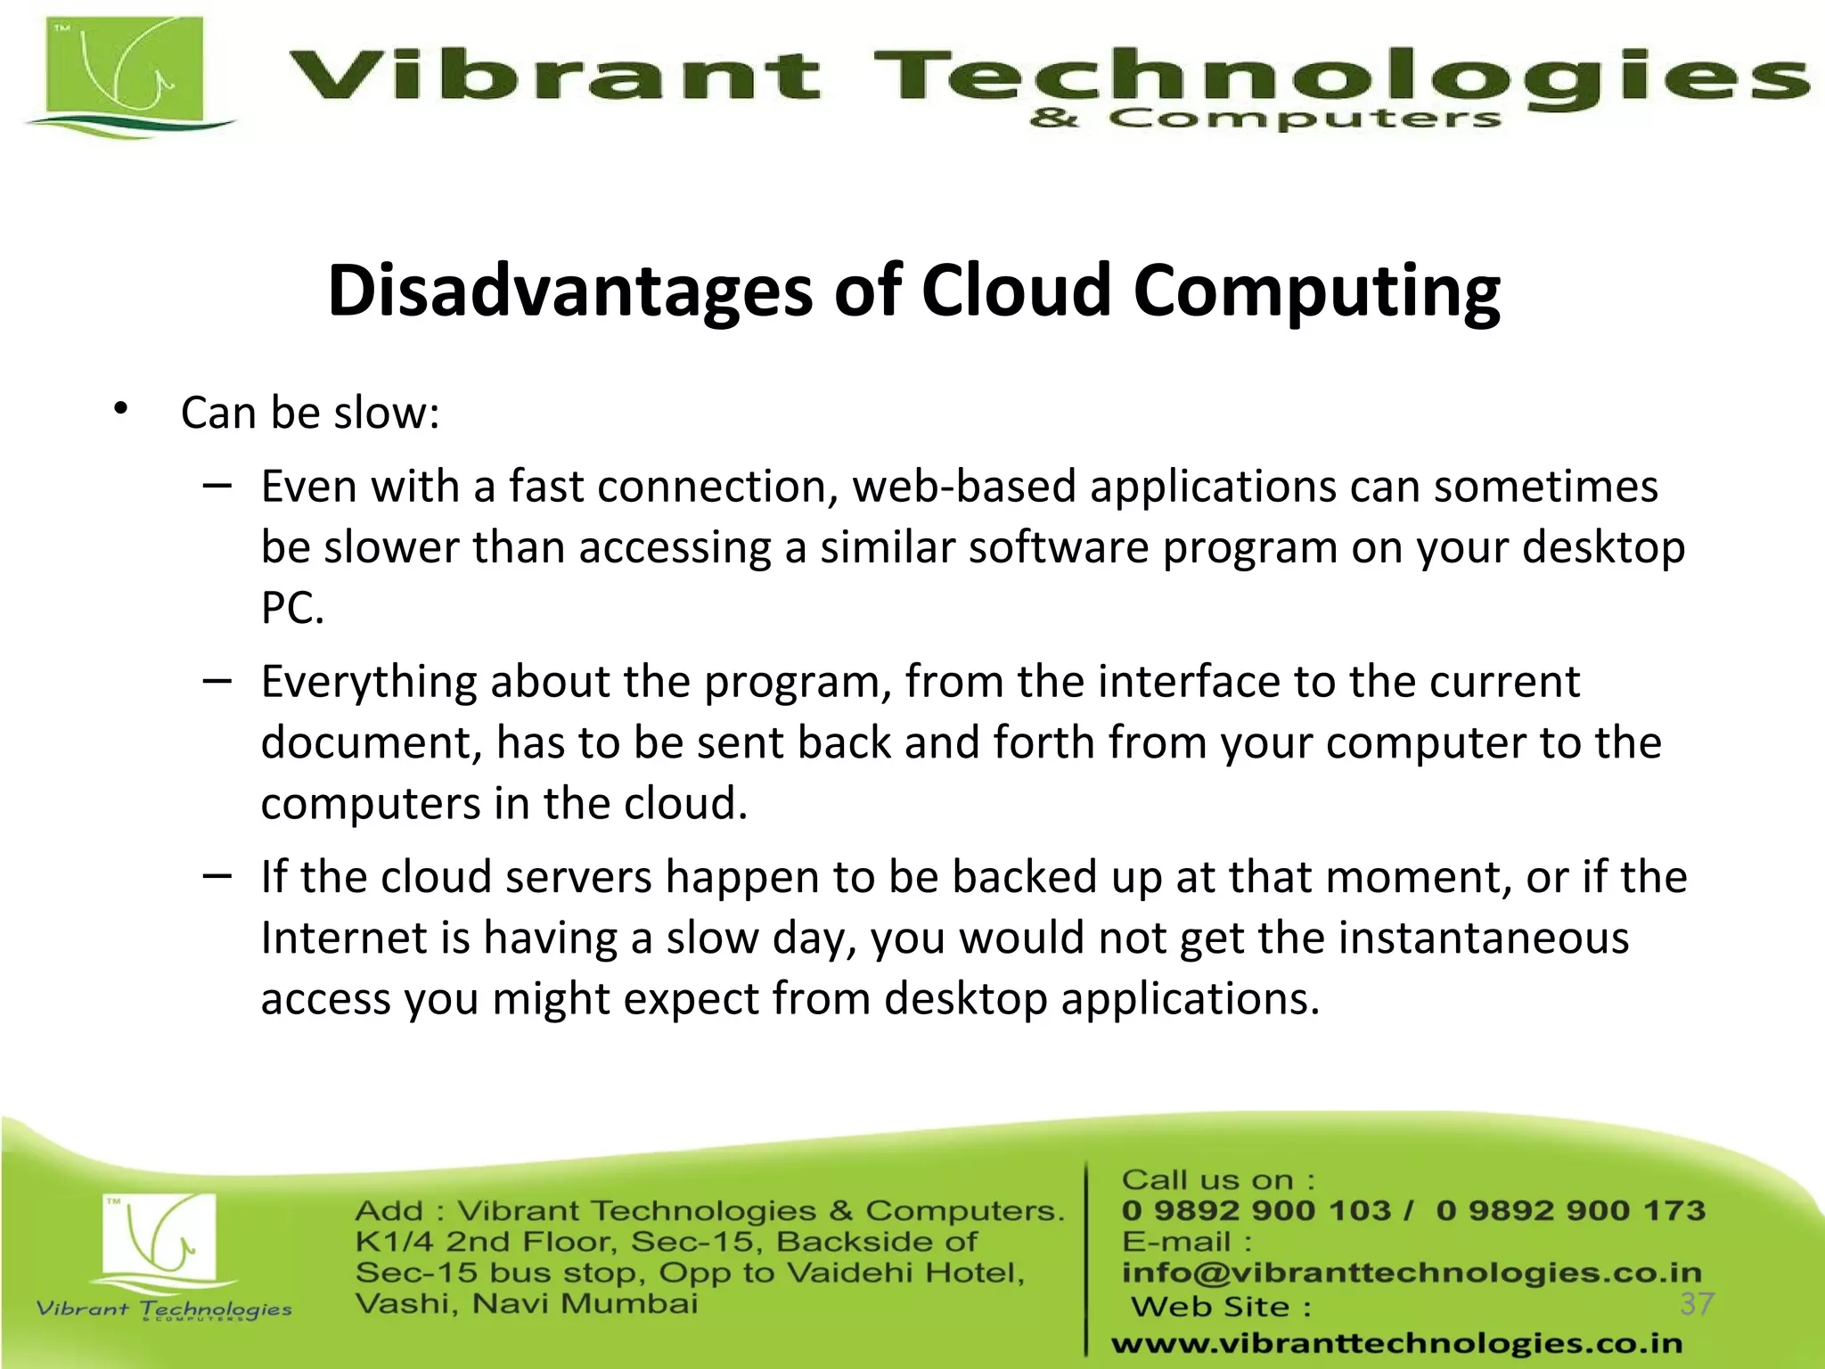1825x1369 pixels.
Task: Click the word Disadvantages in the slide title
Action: (x=569, y=291)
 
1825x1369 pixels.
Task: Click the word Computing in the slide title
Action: (x=1316, y=292)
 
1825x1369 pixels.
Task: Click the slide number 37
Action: (x=1697, y=1304)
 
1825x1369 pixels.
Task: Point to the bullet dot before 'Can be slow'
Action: (x=121, y=410)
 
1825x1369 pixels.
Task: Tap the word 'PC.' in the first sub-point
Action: (x=292, y=609)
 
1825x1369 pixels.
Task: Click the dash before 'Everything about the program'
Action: (x=217, y=681)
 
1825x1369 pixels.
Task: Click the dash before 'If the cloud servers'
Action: (x=217, y=876)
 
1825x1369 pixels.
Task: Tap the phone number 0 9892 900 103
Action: (x=1256, y=1210)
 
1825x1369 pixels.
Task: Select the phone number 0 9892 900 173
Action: (x=1570, y=1210)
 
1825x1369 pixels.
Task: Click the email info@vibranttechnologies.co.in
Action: (x=1412, y=1273)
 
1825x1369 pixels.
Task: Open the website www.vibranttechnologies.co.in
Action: (x=1396, y=1343)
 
